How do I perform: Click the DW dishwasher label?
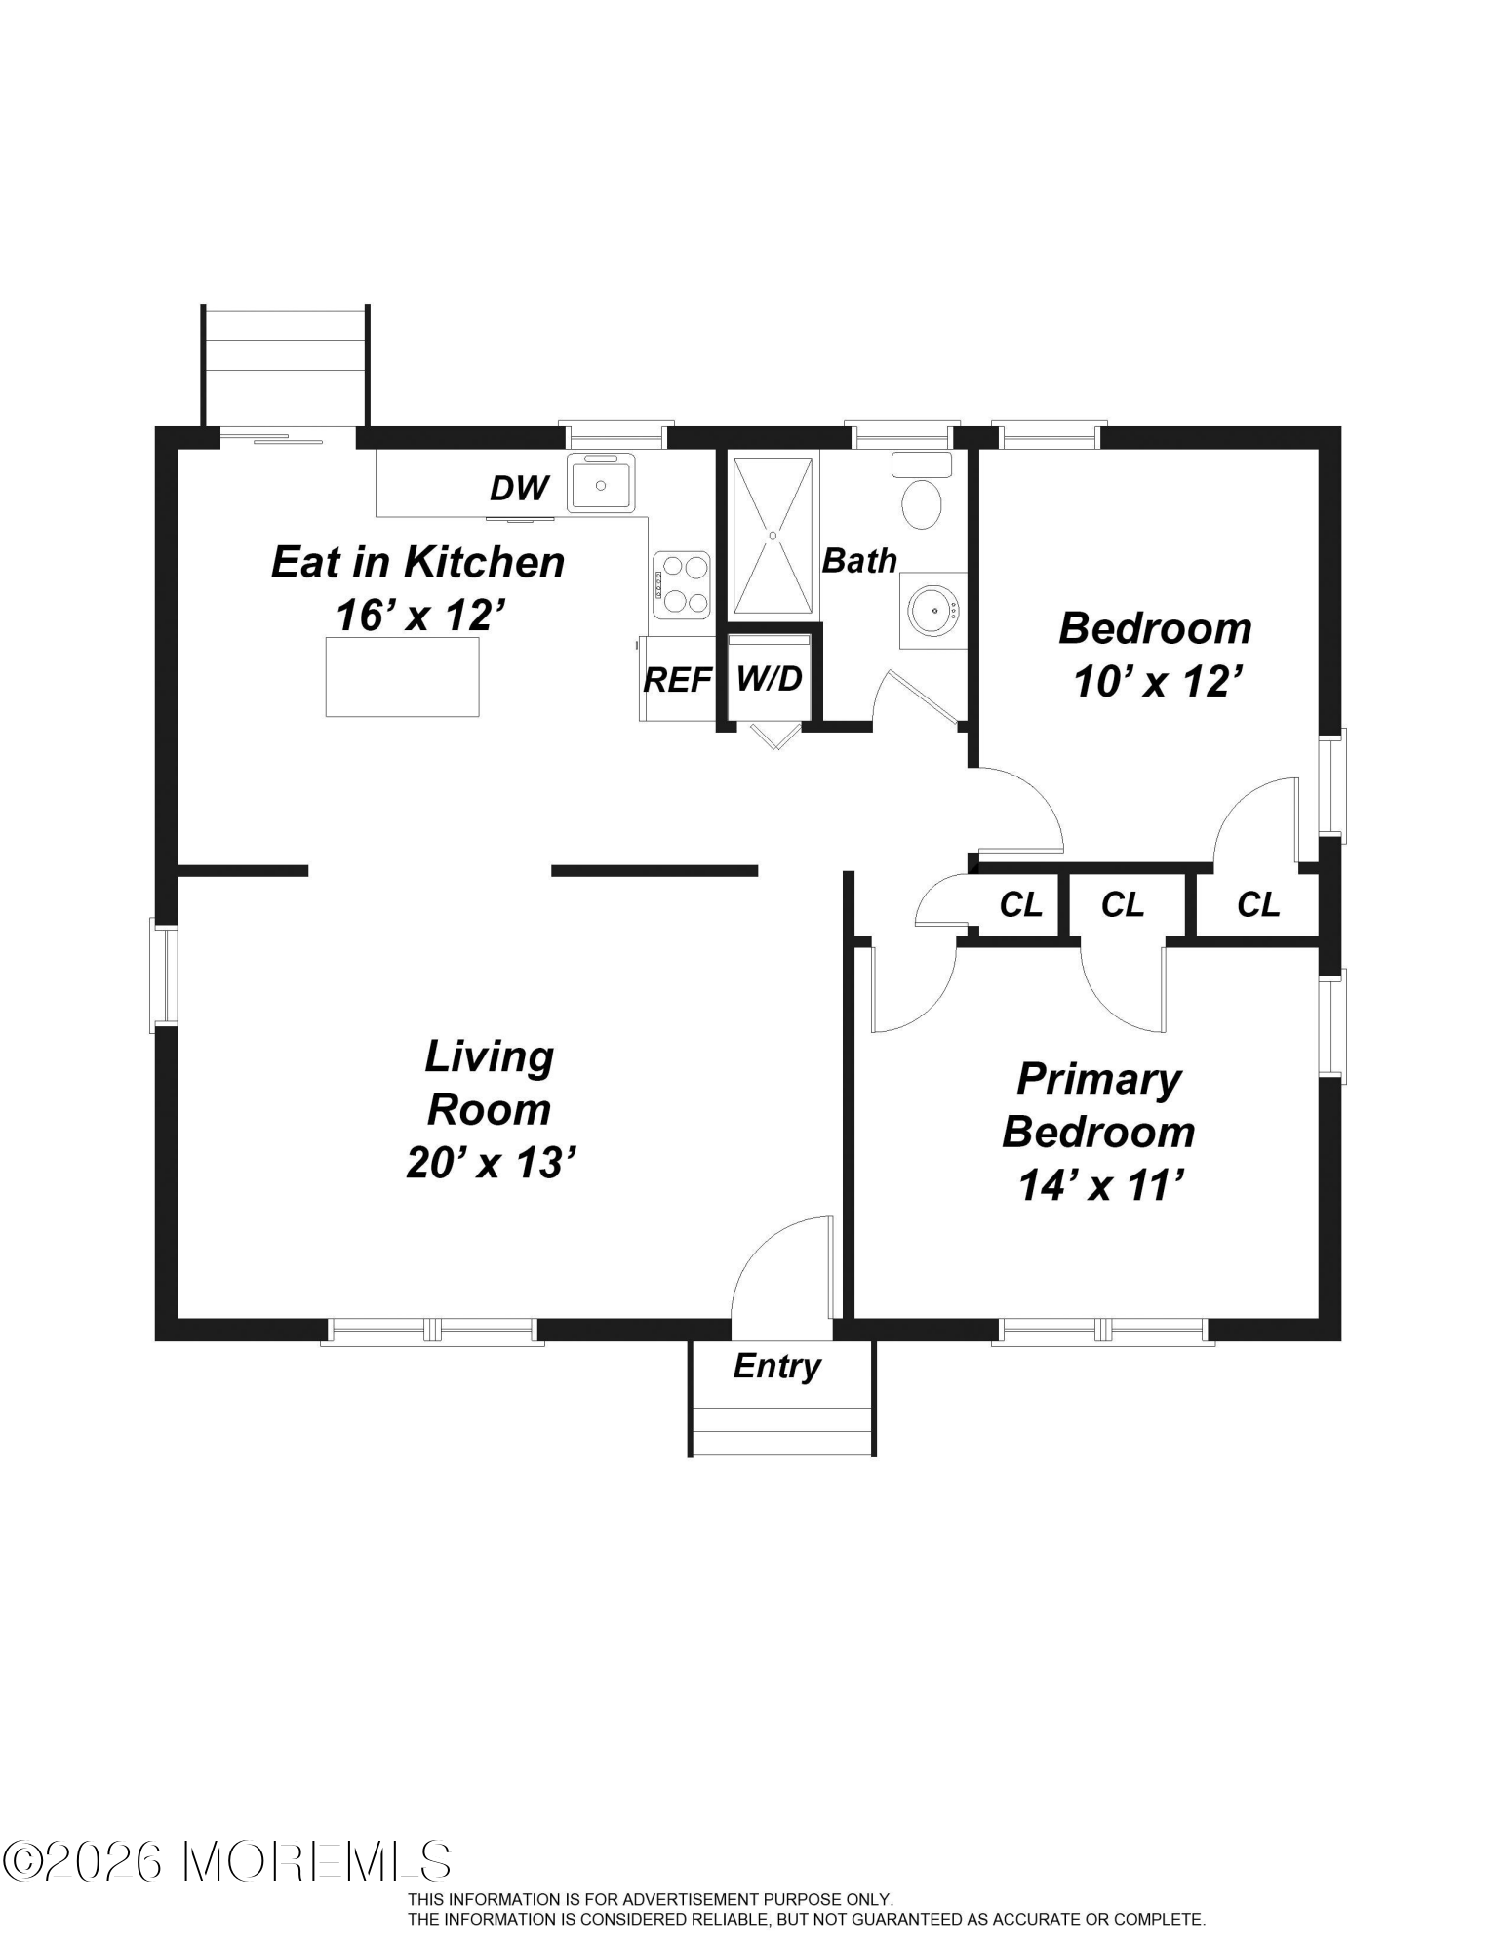519,488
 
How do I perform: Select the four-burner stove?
682,584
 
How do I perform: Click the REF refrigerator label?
677,679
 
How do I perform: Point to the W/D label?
770,676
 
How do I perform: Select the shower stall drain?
773,536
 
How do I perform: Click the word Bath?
859,560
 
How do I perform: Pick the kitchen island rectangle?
402,676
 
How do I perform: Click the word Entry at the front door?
776,1367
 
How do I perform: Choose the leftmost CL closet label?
1021,905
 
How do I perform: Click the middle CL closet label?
1123,905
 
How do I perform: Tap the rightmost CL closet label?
1258,905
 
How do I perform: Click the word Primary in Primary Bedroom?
1099,1080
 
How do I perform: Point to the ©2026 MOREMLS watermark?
227,1861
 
